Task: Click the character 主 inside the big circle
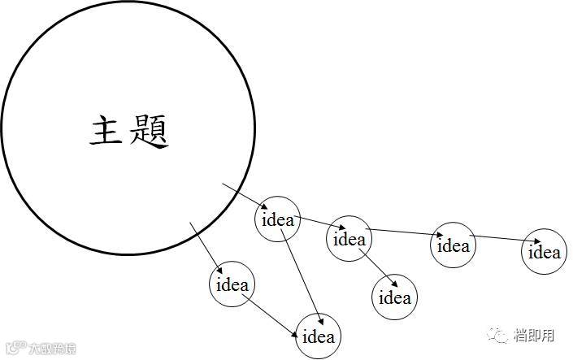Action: (x=106, y=131)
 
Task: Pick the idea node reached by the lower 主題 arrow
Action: (x=232, y=285)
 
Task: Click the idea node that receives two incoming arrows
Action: (x=318, y=336)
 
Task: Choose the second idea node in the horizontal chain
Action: (x=349, y=239)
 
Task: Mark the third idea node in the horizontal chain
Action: (x=453, y=244)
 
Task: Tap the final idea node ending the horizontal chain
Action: (x=544, y=251)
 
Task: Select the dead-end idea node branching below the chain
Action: (x=395, y=297)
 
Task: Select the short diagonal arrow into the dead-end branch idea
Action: (x=378, y=266)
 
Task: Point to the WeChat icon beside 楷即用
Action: (x=497, y=334)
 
